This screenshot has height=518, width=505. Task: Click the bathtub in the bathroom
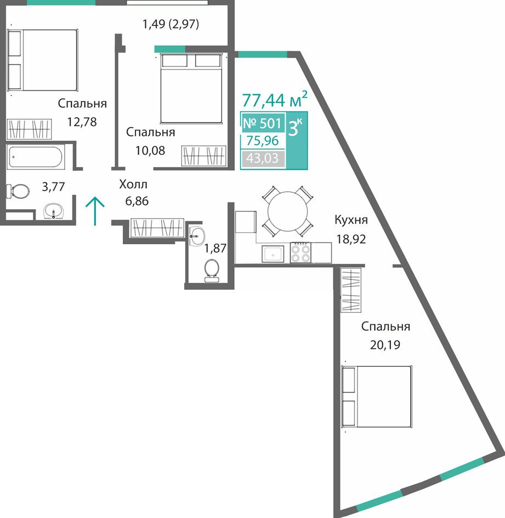[36, 157]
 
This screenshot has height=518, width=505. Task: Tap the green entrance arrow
[95, 211]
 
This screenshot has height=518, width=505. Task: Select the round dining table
[288, 212]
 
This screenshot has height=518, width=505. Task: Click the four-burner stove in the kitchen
[300, 253]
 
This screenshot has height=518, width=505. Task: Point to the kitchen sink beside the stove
[273, 254]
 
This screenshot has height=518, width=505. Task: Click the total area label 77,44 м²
[275, 100]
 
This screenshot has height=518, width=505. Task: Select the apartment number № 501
[262, 123]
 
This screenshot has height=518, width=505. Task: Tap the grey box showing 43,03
[263, 158]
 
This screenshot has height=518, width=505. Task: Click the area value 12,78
[82, 122]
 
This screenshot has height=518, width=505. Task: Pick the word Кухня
[351, 220]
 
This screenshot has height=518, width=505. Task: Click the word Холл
[133, 185]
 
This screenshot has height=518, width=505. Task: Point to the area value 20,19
[385, 345]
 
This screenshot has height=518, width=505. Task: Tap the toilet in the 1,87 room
[211, 270]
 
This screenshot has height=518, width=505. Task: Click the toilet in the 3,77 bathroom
[18, 191]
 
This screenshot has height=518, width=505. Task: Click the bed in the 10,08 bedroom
[191, 89]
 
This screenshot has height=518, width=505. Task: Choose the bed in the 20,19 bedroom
[377, 396]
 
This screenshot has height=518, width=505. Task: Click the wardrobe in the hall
[157, 228]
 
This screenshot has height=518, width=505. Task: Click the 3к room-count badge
[296, 140]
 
